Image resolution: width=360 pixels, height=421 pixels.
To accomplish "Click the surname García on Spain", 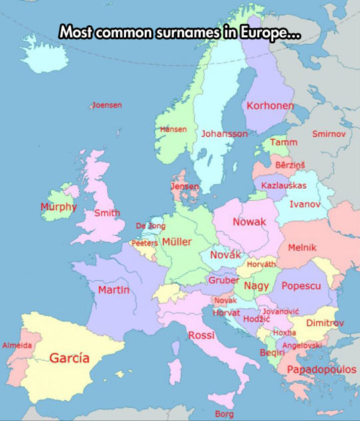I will pos(69,358).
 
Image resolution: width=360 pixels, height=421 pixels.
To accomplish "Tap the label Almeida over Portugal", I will pos(17,346).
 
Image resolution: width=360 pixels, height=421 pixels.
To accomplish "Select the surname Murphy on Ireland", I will pos(59,207).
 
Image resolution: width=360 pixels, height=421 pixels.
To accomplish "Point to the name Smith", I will pos(107,213).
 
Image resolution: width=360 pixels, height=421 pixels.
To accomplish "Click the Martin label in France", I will pos(113,290).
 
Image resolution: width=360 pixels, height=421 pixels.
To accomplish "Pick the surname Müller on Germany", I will pos(177,242).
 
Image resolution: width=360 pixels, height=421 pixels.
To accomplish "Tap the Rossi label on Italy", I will pos(201,335).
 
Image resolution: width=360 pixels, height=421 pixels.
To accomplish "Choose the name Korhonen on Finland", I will pos(270,106).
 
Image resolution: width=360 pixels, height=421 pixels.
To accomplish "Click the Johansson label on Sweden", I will pos(225,134).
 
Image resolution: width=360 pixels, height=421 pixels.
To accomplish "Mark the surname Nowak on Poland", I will pos(249,222).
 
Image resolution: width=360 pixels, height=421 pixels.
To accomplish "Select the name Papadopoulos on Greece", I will pos(321,370).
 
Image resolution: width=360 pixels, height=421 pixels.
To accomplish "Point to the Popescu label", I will pos(301,286).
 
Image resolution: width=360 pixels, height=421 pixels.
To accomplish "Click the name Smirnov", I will pos(329,134).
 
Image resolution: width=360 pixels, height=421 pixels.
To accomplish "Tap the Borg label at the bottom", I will pos(225,414).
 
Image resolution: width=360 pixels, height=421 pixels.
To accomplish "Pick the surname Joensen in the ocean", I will pos(107,105).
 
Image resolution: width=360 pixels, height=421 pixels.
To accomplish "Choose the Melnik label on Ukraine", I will pos(302,248).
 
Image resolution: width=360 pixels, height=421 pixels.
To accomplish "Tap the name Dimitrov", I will pos(325,323).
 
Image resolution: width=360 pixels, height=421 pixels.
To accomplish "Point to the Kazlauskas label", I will pos(284,185).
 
